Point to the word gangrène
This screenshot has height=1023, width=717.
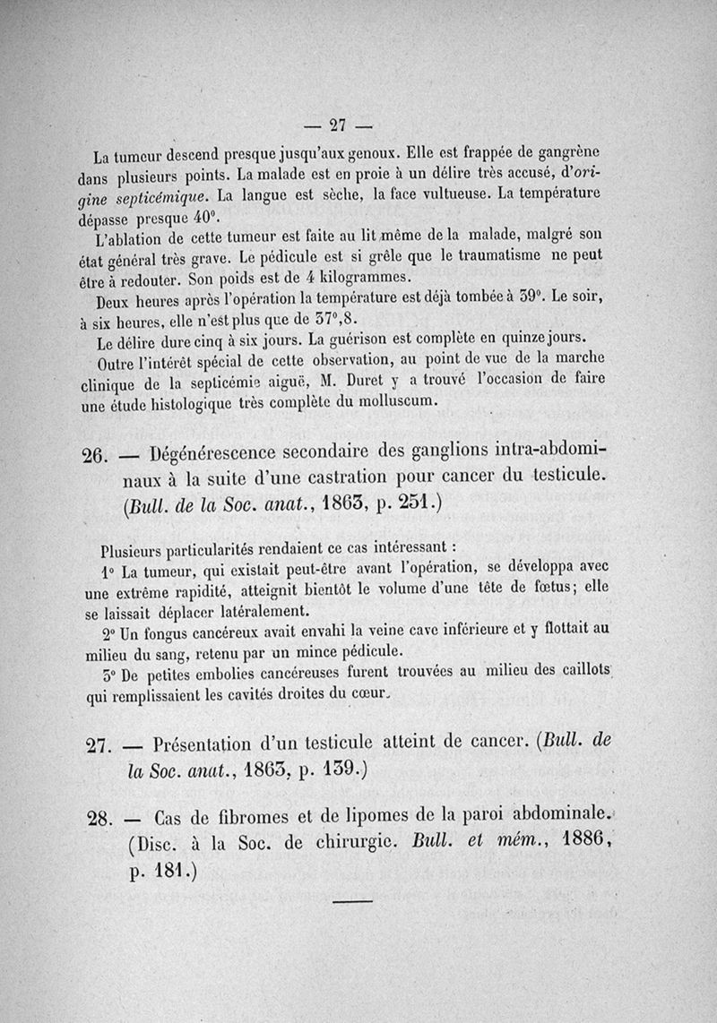coord(566,152)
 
